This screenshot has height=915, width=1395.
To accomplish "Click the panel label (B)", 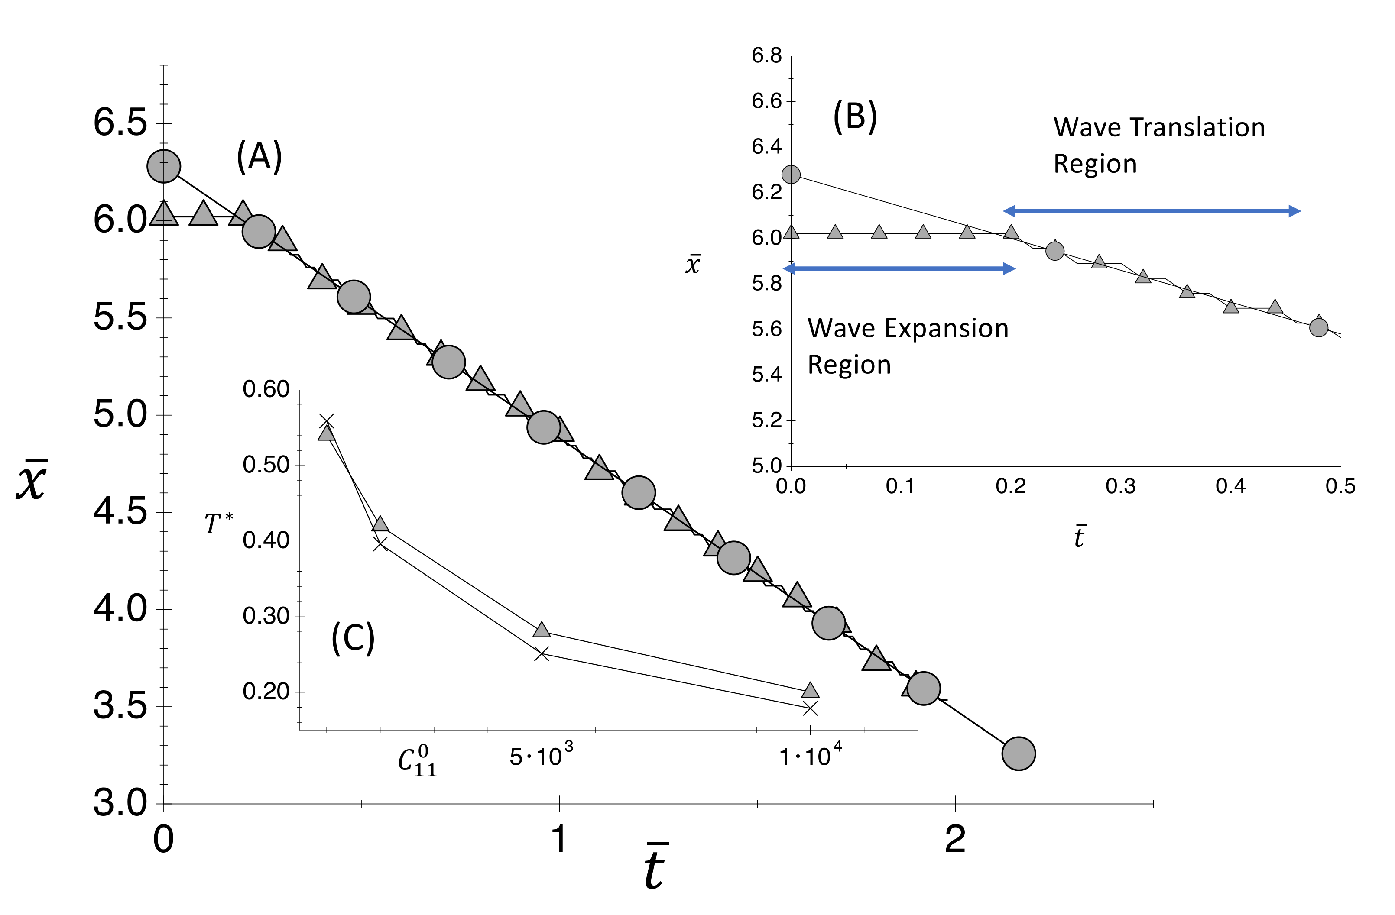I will pos(855,116).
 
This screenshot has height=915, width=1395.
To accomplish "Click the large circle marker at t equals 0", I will pos(163,166).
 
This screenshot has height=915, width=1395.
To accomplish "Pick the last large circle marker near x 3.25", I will pos(1019,753).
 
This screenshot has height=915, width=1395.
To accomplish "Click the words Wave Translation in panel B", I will pos(1159,128).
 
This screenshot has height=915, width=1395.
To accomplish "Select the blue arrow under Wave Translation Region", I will pos(1152,211).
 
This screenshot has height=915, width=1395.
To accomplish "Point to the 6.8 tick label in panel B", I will pos(767,56).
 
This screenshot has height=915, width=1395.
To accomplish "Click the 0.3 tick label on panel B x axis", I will pos(1121,486).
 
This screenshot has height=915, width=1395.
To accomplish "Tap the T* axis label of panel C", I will pos(218,523).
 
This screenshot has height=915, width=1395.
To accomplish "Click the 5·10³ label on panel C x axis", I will pos(540,756).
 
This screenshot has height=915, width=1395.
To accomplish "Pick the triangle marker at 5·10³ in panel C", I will pos(542,630).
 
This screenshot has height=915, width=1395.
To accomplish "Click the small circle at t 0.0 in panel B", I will pos(791,175).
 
